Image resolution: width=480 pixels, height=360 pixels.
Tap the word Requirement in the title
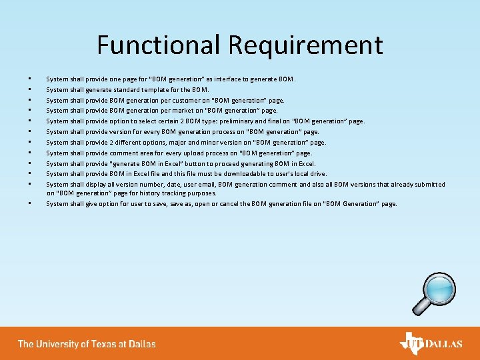305,45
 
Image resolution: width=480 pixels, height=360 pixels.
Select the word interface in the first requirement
237,79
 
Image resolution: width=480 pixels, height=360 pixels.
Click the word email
203,185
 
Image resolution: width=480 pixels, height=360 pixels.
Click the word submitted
430,185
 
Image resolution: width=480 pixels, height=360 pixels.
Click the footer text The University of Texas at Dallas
87,344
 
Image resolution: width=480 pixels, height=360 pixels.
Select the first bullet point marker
30,79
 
